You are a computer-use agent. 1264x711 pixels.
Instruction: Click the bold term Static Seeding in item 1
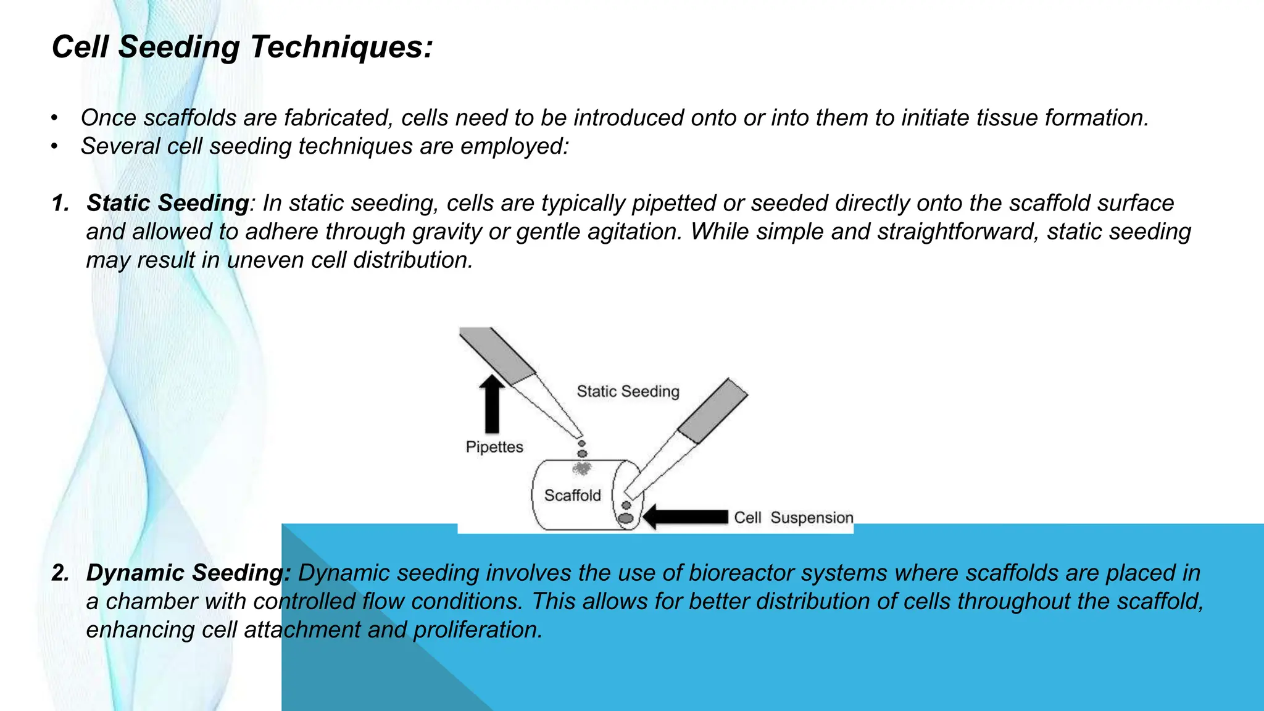coord(167,203)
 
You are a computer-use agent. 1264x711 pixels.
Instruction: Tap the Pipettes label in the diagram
coord(494,447)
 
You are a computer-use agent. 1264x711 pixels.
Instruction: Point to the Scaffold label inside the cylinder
coord(572,496)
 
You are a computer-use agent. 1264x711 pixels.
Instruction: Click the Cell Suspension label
coord(793,518)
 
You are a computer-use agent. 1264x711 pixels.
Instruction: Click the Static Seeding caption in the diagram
coord(628,391)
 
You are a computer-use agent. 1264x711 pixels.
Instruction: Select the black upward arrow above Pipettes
coord(492,404)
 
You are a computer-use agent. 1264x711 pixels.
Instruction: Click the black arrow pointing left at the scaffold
coord(685,517)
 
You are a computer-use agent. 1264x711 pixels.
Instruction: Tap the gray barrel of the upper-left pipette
coord(497,355)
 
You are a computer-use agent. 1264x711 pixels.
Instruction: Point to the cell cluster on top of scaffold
coord(581,469)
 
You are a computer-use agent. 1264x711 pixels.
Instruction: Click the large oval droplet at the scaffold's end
coord(626,518)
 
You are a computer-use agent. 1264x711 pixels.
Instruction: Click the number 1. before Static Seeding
coord(60,203)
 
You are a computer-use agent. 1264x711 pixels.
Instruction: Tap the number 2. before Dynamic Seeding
coord(60,573)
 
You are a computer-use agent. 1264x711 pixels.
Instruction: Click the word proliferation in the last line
coord(478,630)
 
